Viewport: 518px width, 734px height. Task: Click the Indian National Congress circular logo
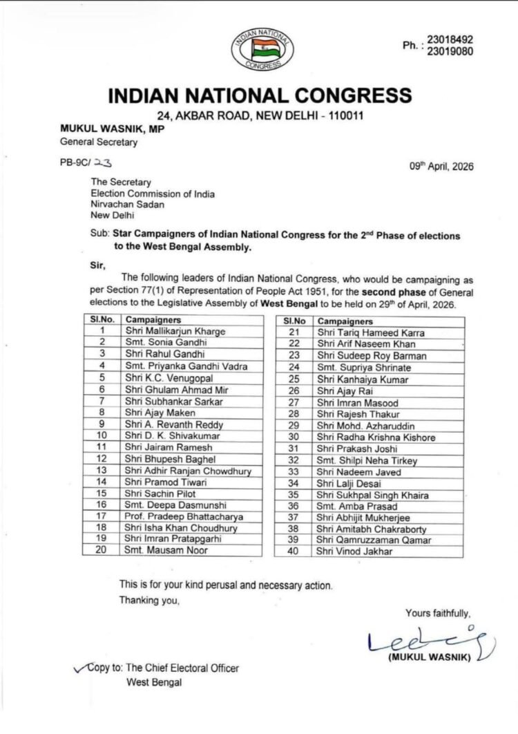click(261, 46)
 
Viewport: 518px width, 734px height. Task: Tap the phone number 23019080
click(451, 51)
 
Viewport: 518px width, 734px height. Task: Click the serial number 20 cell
click(102, 551)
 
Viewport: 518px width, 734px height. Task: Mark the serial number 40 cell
click(294, 552)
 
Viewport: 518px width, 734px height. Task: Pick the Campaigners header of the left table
click(153, 321)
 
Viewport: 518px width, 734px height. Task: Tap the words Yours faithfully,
click(437, 613)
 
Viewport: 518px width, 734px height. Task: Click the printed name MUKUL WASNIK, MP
click(112, 129)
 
